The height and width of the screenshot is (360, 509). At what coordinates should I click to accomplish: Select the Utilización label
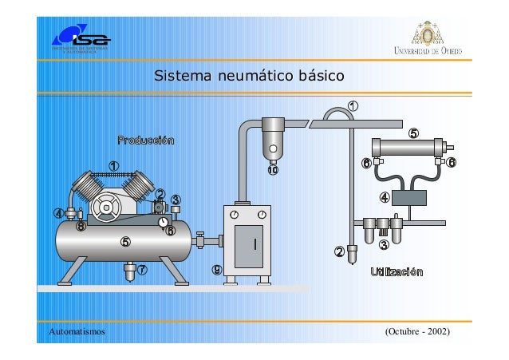point(397,272)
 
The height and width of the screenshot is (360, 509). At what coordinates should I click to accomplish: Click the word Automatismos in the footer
point(77,330)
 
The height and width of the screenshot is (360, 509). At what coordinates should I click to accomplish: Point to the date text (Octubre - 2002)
point(418,330)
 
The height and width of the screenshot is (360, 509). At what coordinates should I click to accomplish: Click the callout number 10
point(273,170)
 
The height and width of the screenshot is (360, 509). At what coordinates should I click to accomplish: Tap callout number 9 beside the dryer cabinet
point(217,269)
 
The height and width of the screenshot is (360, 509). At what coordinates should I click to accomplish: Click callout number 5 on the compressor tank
point(124,242)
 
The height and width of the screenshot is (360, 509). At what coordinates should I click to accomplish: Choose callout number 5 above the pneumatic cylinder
point(412,133)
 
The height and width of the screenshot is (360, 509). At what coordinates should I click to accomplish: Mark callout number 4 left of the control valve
point(384,197)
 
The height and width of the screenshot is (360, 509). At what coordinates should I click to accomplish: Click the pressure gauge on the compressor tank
point(163,221)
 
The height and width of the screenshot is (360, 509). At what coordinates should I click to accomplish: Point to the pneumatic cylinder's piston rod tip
point(453,148)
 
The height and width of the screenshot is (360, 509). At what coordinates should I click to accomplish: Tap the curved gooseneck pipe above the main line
point(337,113)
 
